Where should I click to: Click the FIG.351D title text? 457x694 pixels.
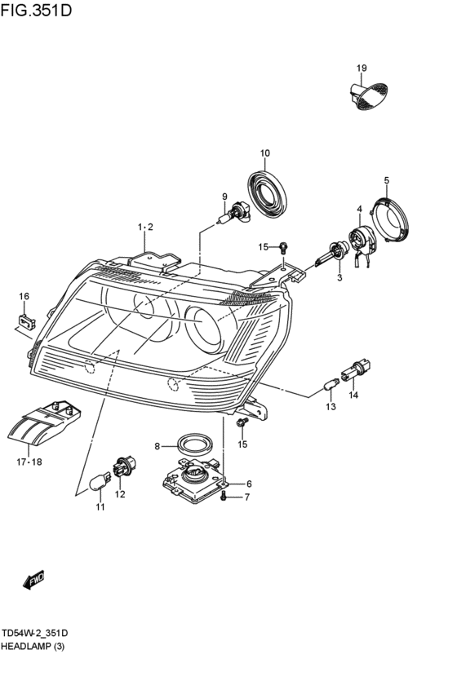pos(36,10)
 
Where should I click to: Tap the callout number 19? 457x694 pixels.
pos(362,69)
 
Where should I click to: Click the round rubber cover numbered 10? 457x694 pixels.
pos(267,194)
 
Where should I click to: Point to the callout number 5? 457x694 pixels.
pos(387,180)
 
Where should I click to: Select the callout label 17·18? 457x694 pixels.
pos(29,462)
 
